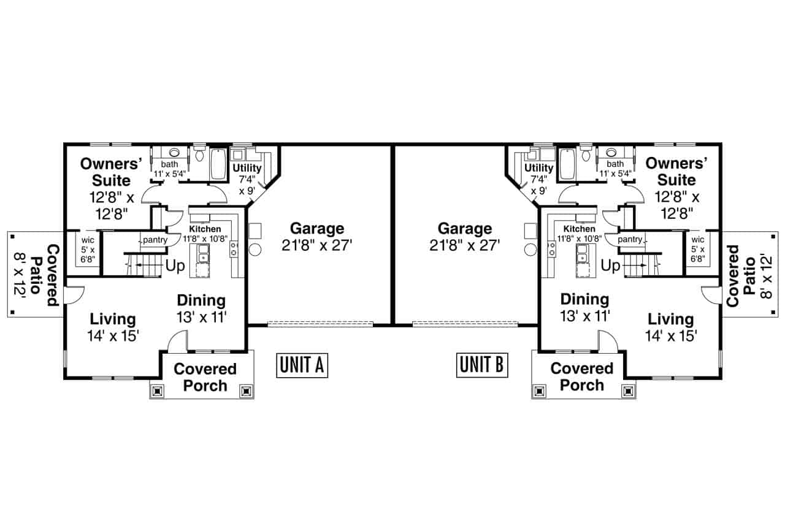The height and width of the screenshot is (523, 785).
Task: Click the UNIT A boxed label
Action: pos(302,365)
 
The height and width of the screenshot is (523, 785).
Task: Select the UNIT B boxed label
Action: pos(482,365)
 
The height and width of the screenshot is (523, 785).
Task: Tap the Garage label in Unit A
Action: pos(316,229)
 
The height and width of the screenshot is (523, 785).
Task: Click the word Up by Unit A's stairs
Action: pos(175,267)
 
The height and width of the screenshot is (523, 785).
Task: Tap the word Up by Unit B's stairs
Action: pos(610,266)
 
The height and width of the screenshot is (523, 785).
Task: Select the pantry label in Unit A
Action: pos(155,240)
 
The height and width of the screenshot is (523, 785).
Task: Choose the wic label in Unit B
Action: pos(697,239)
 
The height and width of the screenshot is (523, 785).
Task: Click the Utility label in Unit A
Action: pos(247,168)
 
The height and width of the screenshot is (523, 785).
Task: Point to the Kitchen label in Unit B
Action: pos(579,229)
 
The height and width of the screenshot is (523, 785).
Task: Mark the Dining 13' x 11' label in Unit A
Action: pos(201,308)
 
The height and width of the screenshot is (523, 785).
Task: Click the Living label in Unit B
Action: pos(670,319)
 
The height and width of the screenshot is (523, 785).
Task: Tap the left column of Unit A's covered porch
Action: pos(158,389)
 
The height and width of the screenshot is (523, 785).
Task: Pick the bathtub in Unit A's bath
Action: pos(218,163)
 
